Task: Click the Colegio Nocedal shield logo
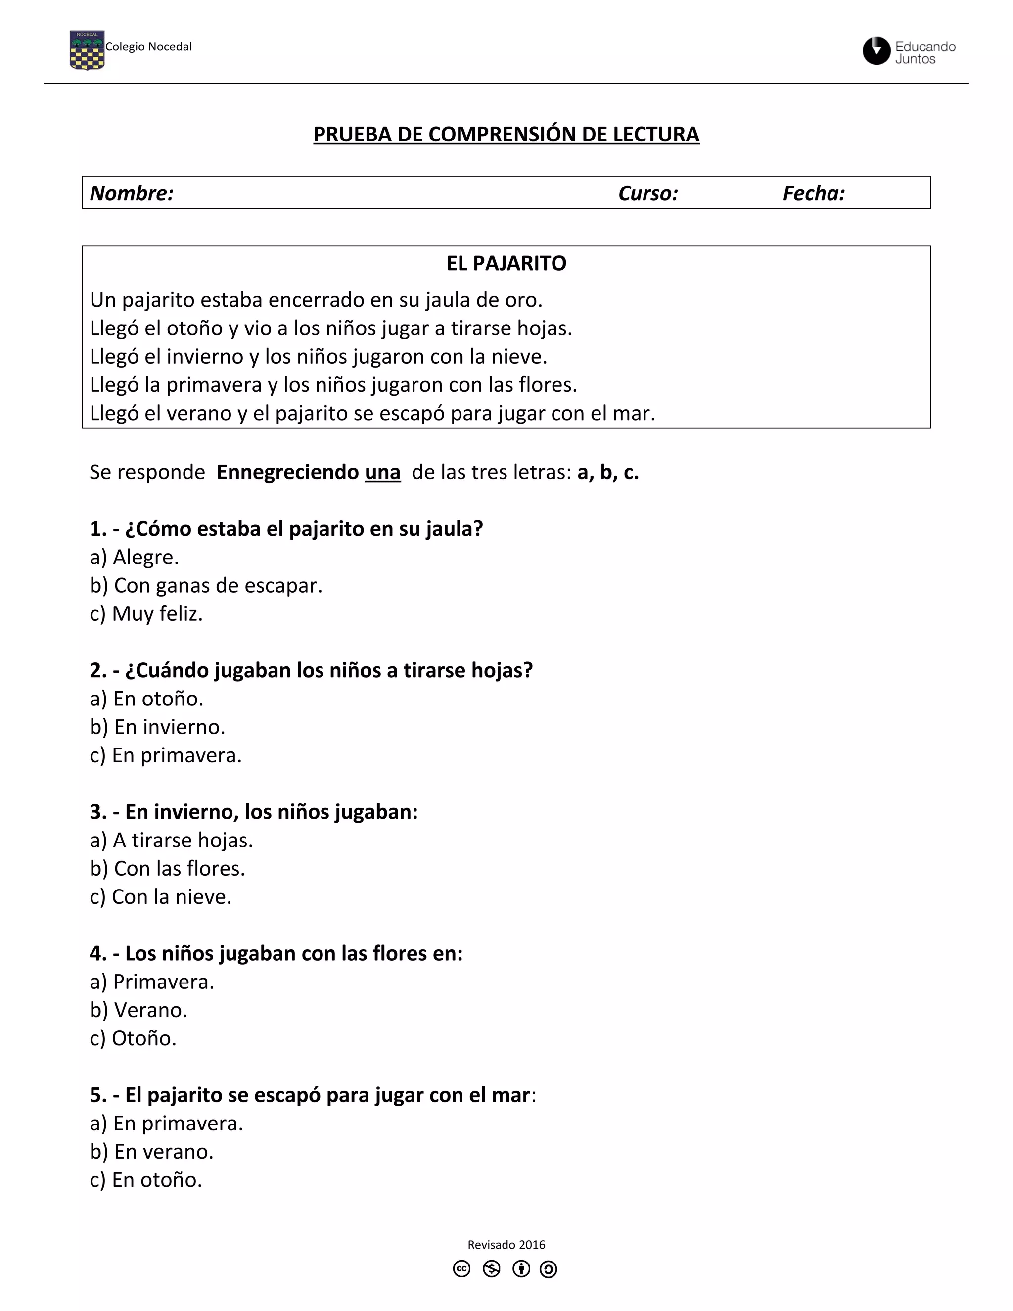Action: pos(87,50)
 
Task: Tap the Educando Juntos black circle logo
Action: pos(876,50)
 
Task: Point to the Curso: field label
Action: pos(647,193)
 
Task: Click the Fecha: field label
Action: pos(813,193)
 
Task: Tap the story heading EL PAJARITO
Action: pos(506,263)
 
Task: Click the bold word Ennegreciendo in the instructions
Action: pos(287,472)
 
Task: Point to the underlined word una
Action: pos(382,472)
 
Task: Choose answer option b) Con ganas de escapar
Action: pos(206,585)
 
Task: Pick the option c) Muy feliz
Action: pos(146,613)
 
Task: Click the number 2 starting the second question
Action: pos(96,670)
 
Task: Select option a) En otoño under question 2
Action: pos(146,699)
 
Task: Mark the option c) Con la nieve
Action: pos(160,897)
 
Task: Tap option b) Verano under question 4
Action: pos(138,1010)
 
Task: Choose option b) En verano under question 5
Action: pos(151,1152)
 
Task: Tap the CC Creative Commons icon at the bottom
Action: pos(461,1269)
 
